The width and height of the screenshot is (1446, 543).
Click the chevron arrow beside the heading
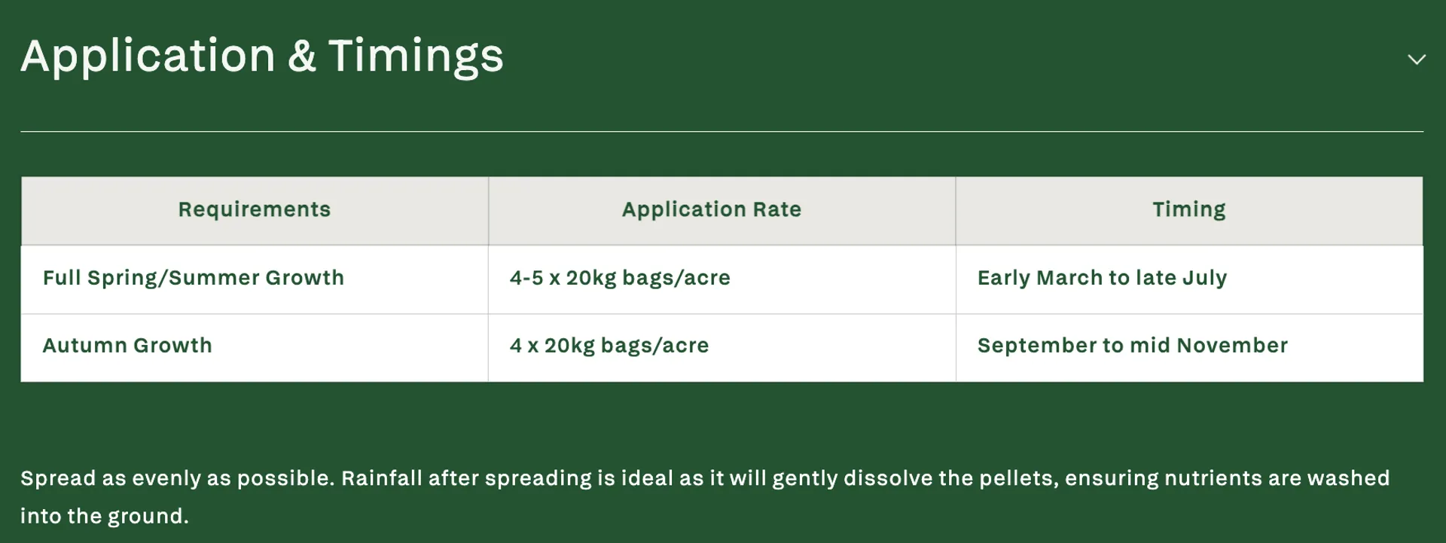pos(1417,59)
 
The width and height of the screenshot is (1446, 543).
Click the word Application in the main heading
pos(148,57)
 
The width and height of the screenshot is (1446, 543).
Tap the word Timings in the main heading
pos(416,57)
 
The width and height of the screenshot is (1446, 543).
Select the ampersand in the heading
pos(302,56)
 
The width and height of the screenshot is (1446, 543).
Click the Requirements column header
pos(255,209)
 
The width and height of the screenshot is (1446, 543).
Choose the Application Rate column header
pos(712,209)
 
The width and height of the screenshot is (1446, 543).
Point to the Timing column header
pos(1189,209)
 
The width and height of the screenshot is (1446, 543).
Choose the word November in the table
pos(1232,346)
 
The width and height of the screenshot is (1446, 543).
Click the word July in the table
pos(1205,278)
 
